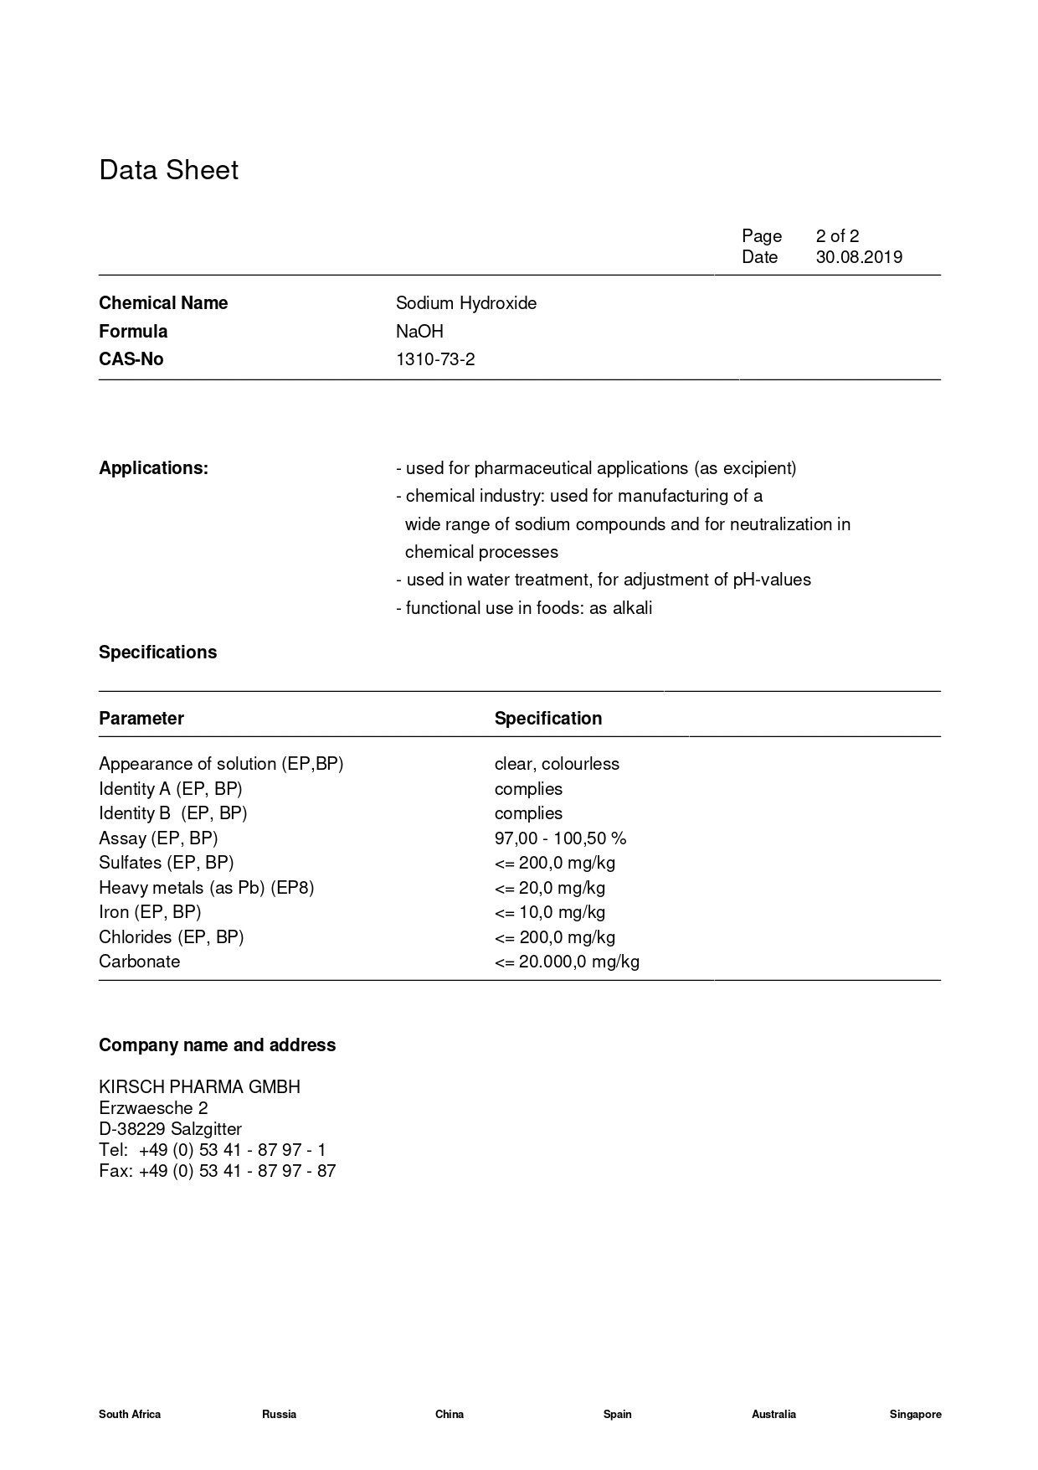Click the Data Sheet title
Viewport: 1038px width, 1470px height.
[x=168, y=170]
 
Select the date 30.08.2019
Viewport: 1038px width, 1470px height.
[x=859, y=257]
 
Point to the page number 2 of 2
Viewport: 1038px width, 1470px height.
[x=837, y=236]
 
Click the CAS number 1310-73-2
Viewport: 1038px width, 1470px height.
[x=435, y=359]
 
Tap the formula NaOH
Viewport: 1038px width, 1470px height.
[x=419, y=332]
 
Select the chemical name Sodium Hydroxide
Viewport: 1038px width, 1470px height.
[x=466, y=303]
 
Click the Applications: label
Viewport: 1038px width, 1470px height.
[x=153, y=468]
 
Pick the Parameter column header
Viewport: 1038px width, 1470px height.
[x=141, y=719]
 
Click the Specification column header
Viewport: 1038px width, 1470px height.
[x=547, y=719]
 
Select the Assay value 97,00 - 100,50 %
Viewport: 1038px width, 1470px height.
[x=560, y=838]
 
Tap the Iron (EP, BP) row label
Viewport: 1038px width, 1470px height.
[x=150, y=912]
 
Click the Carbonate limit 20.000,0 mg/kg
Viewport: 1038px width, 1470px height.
[x=567, y=962]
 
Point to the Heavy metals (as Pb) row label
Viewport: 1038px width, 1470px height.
[x=206, y=888]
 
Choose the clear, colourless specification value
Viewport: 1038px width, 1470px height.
[x=557, y=764]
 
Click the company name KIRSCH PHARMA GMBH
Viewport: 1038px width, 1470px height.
[x=199, y=1087]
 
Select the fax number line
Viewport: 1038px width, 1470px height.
[x=217, y=1171]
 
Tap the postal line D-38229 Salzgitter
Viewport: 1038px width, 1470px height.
[x=170, y=1129]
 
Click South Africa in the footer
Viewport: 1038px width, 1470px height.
[x=130, y=1415]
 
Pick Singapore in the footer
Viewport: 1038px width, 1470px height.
[x=915, y=1415]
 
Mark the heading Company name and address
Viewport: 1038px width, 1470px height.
[x=217, y=1045]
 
